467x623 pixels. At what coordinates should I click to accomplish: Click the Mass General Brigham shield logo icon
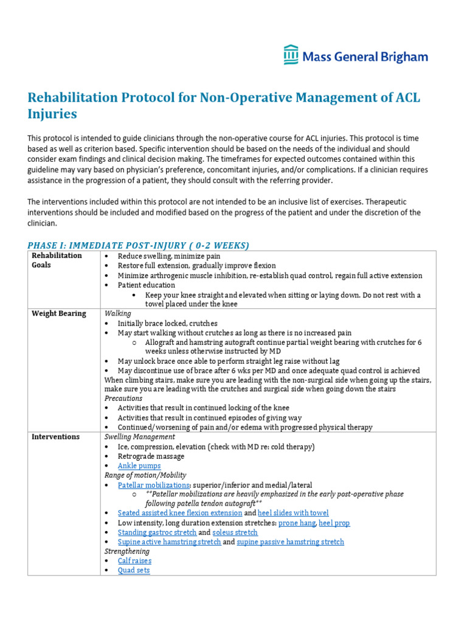[291, 54]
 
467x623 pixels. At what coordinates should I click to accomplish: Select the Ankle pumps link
[139, 465]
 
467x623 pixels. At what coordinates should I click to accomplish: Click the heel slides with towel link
[293, 513]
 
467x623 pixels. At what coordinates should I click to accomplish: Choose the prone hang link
[296, 523]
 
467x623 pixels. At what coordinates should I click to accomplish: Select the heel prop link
[334, 523]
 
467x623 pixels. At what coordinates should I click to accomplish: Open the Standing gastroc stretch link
[157, 532]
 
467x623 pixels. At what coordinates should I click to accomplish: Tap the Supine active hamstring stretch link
[169, 541]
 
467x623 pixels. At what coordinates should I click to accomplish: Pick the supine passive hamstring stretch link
[290, 541]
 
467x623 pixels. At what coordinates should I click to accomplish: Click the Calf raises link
[134, 560]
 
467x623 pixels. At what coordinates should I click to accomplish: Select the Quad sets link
[134, 570]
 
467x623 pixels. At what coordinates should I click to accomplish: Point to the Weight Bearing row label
[59, 313]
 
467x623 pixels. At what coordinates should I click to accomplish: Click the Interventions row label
[56, 437]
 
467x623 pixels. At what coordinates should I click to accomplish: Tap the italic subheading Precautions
[123, 399]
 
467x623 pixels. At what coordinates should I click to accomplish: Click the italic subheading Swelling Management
[140, 437]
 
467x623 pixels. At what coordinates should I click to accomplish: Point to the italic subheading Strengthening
[126, 551]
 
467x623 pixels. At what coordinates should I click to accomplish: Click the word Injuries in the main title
[52, 114]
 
